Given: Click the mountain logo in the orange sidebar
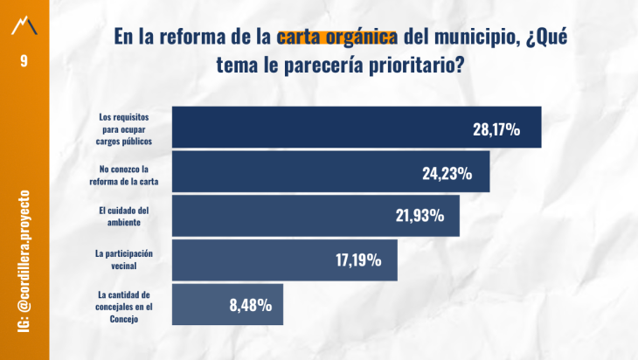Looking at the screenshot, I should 24,25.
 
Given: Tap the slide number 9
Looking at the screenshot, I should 24,62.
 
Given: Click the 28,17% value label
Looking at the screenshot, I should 496,129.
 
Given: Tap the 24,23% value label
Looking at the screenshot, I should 447,173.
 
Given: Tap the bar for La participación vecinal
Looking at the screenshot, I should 253,260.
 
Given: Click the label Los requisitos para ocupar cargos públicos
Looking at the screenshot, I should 125,128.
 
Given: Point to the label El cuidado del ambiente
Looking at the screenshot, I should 125,216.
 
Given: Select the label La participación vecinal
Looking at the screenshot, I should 125,258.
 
